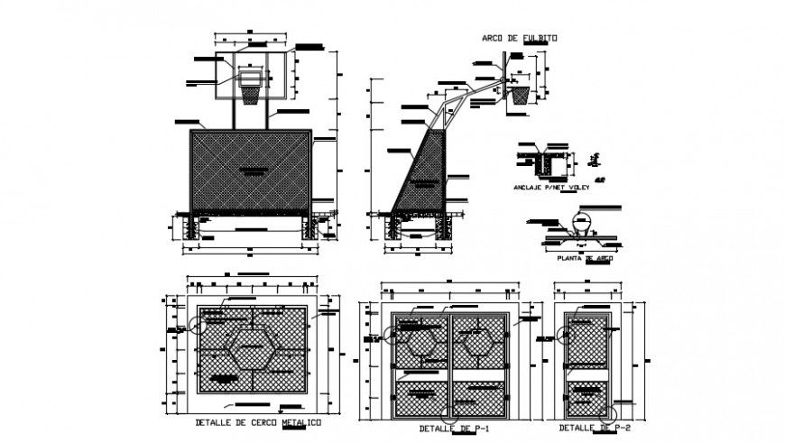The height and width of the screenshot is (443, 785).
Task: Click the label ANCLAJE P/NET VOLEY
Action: pyautogui.click(x=551, y=189)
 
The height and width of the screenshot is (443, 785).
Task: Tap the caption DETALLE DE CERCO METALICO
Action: pyautogui.click(x=257, y=422)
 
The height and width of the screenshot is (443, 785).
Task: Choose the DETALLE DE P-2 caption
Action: pyautogui.click(x=593, y=426)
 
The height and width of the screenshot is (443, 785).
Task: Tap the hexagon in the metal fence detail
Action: pyautogui.click(x=253, y=349)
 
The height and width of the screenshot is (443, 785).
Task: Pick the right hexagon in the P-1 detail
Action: pyautogui.click(x=476, y=343)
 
